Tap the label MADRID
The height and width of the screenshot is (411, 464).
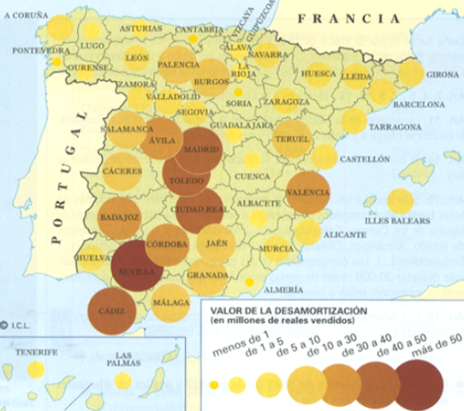click(198, 149)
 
